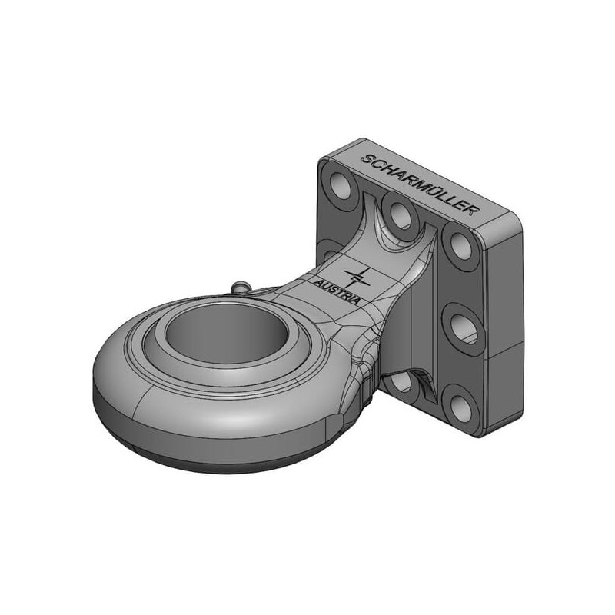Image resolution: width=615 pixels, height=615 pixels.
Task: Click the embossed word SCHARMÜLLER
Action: pyautogui.click(x=420, y=184)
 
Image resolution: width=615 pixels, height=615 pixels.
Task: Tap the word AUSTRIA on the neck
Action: pyautogui.click(x=337, y=291)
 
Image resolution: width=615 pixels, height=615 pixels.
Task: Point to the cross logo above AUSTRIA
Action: pyautogui.click(x=355, y=278)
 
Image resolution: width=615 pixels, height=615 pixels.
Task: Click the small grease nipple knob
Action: pyautogui.click(x=240, y=286)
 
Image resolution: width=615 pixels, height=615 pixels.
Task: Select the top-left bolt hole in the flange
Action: pyautogui.click(x=339, y=184)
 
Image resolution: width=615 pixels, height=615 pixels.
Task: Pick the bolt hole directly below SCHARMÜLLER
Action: pyautogui.click(x=400, y=214)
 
